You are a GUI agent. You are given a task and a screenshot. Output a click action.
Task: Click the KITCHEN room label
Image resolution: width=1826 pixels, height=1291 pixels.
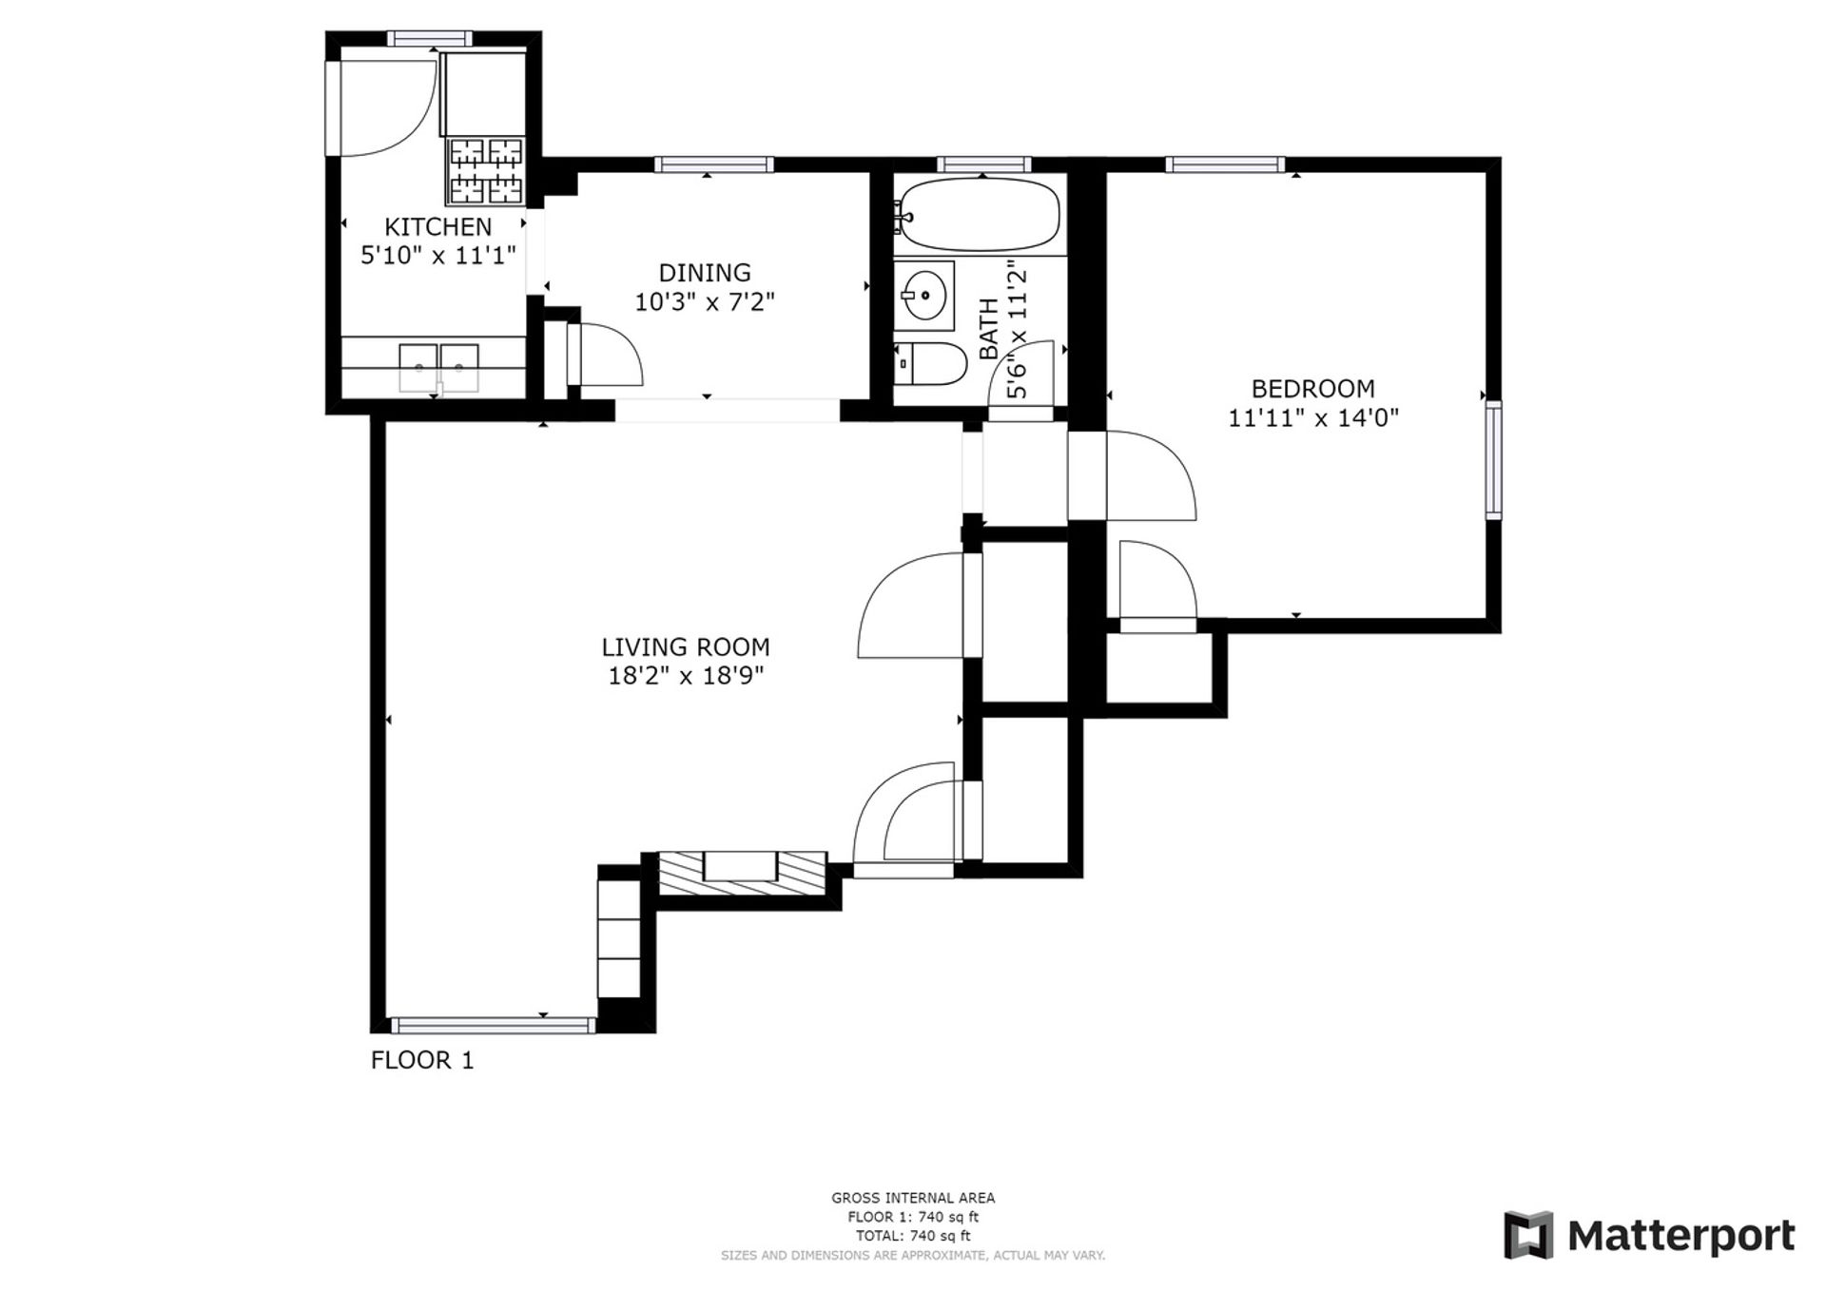tap(437, 227)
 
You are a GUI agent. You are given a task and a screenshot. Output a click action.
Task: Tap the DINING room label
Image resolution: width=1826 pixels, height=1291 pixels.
tap(705, 273)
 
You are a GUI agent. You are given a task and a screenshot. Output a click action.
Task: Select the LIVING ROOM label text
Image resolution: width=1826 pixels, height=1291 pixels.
tap(685, 647)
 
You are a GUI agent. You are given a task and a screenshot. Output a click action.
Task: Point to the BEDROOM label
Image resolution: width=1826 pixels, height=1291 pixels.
tap(1312, 389)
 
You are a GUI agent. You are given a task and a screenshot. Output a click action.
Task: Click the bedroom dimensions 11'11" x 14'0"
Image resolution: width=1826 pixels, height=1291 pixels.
tap(1312, 417)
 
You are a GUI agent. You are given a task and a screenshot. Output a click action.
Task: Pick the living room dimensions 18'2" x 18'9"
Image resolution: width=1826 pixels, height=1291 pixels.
tap(686, 676)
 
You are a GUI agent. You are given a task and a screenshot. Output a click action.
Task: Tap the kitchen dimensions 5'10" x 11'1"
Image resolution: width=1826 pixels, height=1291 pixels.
tap(437, 255)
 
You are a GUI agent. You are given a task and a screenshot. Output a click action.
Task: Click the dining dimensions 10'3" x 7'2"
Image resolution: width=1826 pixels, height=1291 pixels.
tap(705, 302)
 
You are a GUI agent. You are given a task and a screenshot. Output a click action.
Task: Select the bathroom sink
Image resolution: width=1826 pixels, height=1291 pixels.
tap(923, 295)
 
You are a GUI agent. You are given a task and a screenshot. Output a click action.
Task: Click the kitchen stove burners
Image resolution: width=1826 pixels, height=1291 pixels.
tap(486, 171)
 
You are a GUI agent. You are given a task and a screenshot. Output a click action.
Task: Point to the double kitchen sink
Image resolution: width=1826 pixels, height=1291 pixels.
tap(438, 368)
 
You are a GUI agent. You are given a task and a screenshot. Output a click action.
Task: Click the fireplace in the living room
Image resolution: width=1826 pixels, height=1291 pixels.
tap(742, 873)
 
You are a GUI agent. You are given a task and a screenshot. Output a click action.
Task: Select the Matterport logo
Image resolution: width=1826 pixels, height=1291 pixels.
tap(1649, 1235)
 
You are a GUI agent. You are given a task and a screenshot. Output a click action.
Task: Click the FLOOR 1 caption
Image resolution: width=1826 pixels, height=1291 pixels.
tap(422, 1060)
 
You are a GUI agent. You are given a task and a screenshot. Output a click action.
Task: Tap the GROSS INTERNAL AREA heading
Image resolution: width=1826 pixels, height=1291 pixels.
tap(913, 1198)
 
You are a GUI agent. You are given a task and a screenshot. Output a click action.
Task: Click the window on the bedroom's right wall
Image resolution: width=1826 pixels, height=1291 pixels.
tap(1494, 460)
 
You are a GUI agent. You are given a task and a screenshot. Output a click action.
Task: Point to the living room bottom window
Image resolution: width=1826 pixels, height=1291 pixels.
tap(494, 1026)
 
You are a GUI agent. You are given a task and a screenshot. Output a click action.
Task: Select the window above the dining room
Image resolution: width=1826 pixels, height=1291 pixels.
tap(714, 164)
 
